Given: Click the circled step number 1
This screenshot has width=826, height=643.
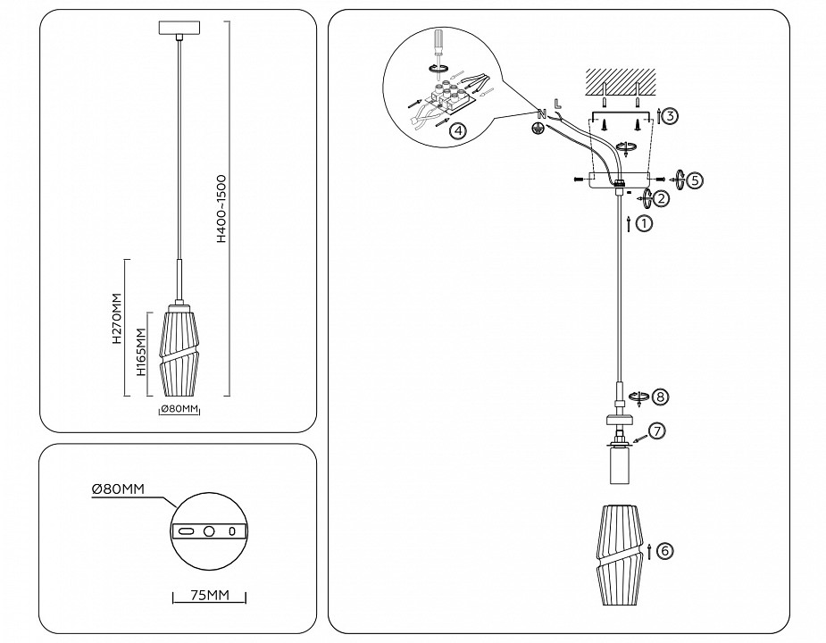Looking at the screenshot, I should (x=644, y=224).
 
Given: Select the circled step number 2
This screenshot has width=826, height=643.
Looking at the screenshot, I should (x=662, y=197).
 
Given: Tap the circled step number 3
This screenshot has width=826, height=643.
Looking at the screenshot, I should (x=671, y=114).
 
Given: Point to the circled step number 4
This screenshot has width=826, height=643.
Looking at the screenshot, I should (x=456, y=131).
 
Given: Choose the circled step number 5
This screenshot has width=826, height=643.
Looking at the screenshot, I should (x=696, y=180).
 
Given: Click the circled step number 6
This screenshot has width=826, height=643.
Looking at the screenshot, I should (x=664, y=550).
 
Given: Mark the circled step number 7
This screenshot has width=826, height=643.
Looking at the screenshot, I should (x=655, y=431).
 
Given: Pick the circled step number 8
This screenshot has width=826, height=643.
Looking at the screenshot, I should (x=660, y=396).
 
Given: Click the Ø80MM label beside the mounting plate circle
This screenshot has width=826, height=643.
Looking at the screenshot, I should (x=118, y=489).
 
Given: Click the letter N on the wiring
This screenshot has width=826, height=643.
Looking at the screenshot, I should (x=540, y=113).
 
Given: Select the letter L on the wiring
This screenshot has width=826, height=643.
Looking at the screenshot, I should (x=557, y=103).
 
